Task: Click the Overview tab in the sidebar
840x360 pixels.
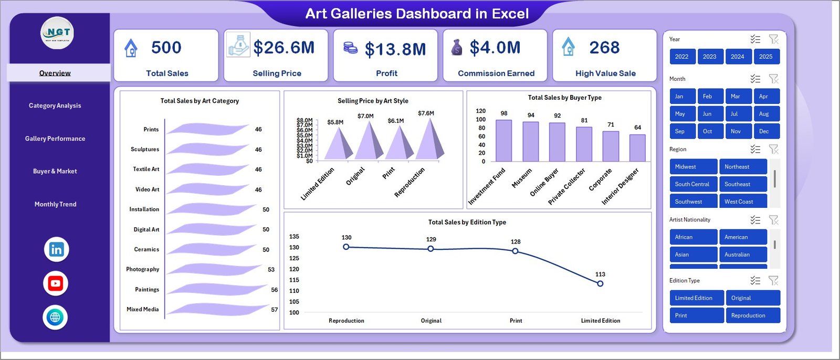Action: [55, 73]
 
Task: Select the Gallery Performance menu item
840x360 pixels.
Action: [55, 139]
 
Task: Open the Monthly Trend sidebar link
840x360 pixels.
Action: [55, 204]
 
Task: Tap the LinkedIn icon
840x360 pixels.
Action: [56, 250]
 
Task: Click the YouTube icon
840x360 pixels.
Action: [56, 283]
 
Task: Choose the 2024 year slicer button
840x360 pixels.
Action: [737, 57]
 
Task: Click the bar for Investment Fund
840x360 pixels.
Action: [503, 141]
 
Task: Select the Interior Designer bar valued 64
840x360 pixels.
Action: [637, 148]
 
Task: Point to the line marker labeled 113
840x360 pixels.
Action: [600, 283]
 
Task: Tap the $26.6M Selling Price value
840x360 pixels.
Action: [283, 48]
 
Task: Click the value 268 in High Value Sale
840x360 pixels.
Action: [604, 48]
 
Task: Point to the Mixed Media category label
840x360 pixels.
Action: [142, 310]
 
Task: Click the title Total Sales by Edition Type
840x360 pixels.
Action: [467, 223]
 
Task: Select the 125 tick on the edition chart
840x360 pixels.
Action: [294, 258]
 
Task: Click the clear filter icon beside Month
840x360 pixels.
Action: [773, 79]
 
